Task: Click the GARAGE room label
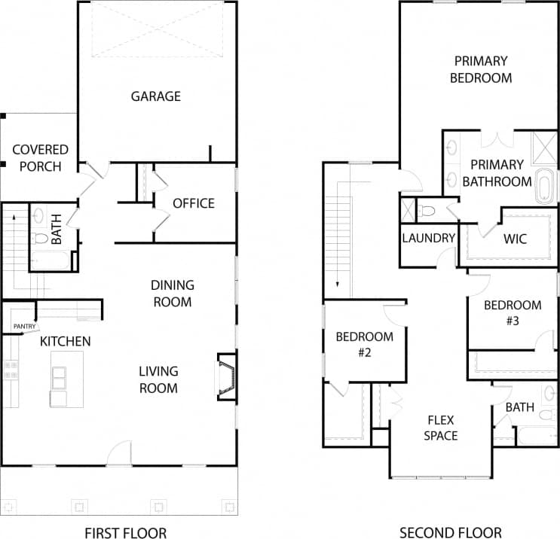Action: click(x=156, y=96)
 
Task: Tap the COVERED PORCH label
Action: click(x=40, y=158)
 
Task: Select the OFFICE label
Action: click(x=194, y=203)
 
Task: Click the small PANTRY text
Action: click(x=24, y=326)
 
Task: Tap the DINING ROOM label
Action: click(x=172, y=294)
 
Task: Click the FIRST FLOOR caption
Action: click(x=125, y=533)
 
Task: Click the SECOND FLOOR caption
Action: click(x=440, y=533)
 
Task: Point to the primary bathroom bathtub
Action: click(x=544, y=187)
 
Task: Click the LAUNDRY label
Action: click(x=429, y=239)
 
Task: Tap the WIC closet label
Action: click(x=515, y=239)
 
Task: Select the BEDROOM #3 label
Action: click(x=513, y=312)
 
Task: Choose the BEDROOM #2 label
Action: click(x=365, y=344)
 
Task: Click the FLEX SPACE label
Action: click(x=440, y=428)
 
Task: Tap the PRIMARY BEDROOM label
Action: click(x=480, y=69)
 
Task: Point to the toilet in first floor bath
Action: click(x=41, y=239)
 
